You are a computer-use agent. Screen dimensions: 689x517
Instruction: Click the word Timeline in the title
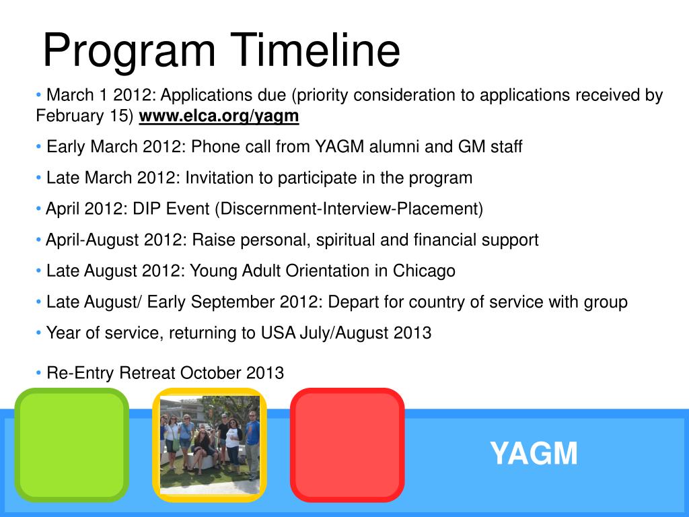(x=315, y=50)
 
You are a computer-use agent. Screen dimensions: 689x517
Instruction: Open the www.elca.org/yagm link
(x=219, y=116)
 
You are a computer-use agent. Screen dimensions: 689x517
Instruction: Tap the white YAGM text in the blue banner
(x=534, y=453)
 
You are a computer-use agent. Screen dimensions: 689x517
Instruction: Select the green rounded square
(x=71, y=445)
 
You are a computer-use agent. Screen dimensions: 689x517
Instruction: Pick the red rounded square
(x=347, y=445)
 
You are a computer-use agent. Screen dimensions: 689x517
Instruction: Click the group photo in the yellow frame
(x=210, y=445)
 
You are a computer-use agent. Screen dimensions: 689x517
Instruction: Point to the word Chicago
(x=424, y=271)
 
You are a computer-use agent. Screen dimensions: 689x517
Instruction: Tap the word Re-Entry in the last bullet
(x=81, y=373)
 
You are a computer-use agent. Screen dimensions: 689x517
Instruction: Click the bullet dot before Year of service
(x=38, y=333)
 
